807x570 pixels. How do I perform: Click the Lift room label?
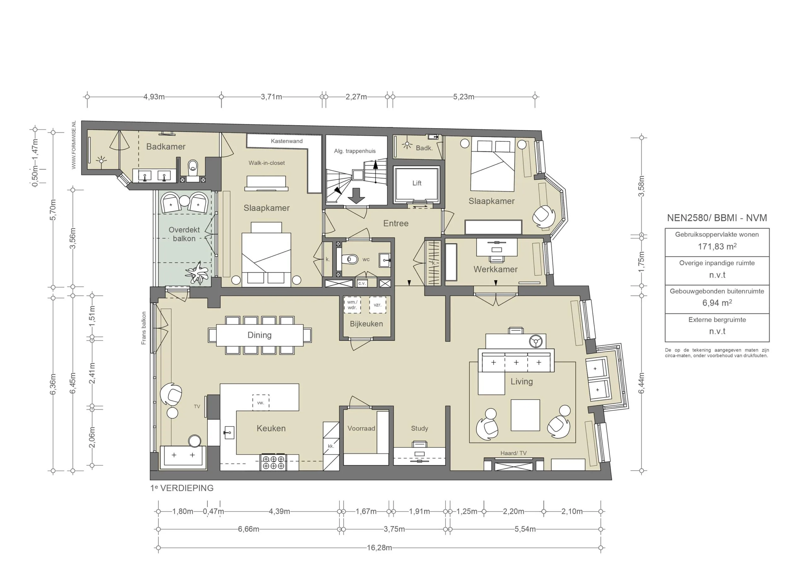pos(416,183)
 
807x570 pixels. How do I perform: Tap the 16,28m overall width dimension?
pos(379,548)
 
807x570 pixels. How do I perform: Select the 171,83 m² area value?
pos(717,247)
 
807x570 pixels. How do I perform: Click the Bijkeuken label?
pos(366,324)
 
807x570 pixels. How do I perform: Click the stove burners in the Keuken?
pos(273,463)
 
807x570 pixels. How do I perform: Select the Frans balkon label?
pos(143,328)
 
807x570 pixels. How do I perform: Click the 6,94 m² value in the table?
pos(717,303)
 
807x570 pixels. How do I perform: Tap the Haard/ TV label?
pos(514,453)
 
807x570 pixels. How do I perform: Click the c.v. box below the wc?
pos(362,283)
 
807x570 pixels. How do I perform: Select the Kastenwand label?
pos(287,141)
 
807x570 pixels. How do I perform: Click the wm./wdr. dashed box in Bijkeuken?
pos(352,305)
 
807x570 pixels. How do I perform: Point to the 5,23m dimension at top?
pos(463,97)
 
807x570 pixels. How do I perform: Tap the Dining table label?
pos(259,335)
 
